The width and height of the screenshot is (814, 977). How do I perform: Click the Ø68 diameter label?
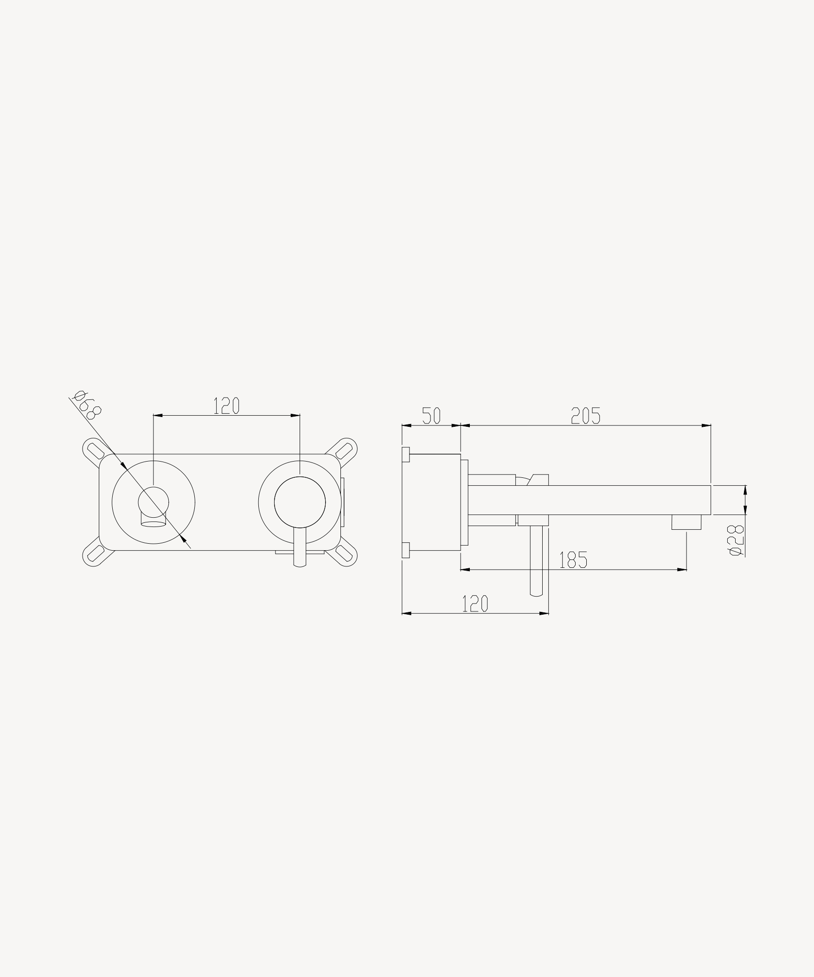87,405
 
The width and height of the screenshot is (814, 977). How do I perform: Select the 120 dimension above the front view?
226,405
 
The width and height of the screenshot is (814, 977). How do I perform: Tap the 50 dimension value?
431,416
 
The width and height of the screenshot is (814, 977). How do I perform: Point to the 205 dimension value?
586,416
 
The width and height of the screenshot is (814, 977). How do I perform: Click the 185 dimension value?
573,559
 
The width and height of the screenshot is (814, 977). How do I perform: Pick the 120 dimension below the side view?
475,604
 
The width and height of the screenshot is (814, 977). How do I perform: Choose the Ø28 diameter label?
736,540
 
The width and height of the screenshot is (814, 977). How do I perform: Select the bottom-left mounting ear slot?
96,553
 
